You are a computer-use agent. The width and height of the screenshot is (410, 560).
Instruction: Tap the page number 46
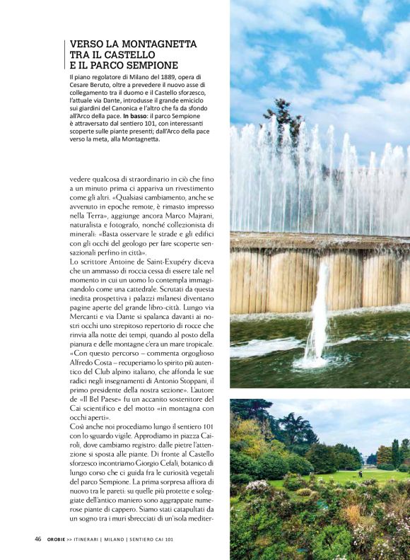click(38, 539)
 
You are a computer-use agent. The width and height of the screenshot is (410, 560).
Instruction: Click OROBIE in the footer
click(59, 539)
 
